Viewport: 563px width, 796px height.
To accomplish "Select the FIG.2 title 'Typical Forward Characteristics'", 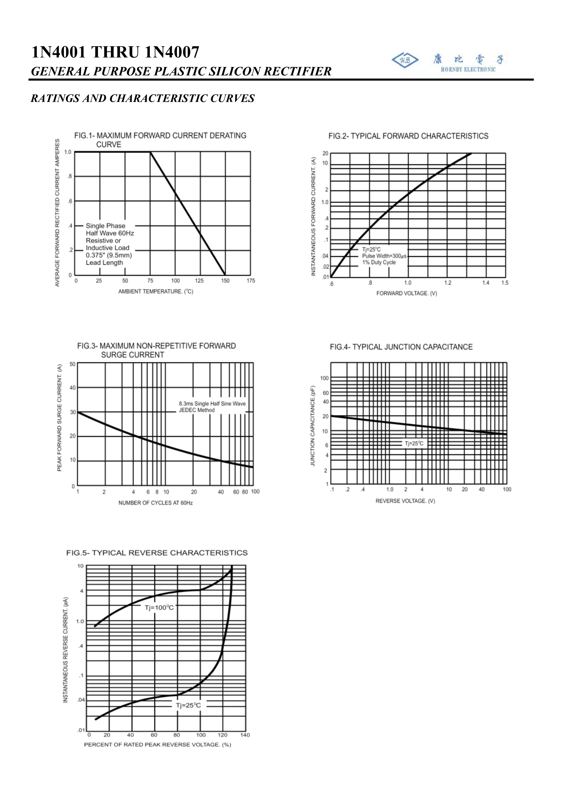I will (x=408, y=136).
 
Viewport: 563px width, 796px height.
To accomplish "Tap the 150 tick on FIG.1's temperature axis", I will (x=225, y=281).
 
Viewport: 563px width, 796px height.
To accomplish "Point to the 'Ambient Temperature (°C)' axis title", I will (x=156, y=292).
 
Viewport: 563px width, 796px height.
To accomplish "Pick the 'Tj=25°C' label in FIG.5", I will (x=188, y=705).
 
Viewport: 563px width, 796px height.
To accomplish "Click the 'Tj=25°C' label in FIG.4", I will (x=414, y=443).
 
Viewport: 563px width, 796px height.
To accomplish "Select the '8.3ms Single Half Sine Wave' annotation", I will (x=212, y=403).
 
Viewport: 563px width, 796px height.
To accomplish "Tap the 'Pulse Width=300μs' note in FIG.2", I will (x=384, y=256).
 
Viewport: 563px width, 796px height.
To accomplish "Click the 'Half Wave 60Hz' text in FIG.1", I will (x=110, y=233).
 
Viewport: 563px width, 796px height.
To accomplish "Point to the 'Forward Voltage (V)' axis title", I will (x=407, y=293).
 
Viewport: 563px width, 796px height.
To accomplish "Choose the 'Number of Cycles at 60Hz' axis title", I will (x=156, y=503).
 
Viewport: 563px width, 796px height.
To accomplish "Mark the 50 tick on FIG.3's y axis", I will (x=72, y=364).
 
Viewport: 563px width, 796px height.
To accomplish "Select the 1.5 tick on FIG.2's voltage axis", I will (x=505, y=283).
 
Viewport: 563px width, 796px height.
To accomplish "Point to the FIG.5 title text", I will (x=157, y=553).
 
